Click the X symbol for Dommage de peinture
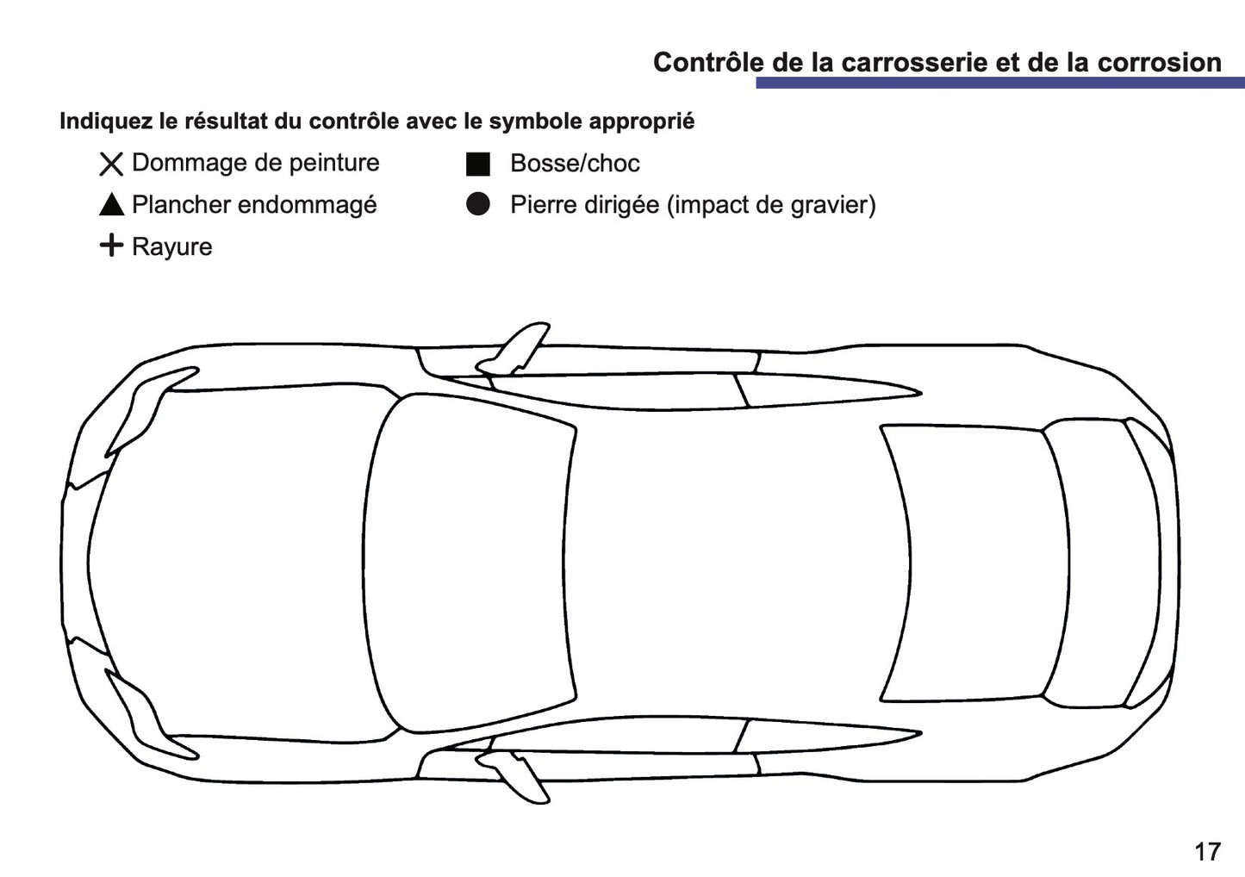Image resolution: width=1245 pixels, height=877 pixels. tap(111, 164)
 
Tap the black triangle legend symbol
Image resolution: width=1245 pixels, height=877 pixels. tap(111, 205)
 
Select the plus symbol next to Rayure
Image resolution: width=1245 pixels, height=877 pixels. tap(111, 246)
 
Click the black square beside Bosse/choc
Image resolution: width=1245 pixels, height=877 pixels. tap(478, 164)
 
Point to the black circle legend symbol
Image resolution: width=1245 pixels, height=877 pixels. tap(478, 204)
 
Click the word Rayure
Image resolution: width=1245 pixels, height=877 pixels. tap(171, 247)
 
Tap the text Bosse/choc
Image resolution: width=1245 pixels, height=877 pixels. tap(575, 164)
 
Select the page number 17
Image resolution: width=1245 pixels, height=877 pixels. tap(1207, 851)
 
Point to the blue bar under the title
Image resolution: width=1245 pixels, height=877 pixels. tap(999, 83)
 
